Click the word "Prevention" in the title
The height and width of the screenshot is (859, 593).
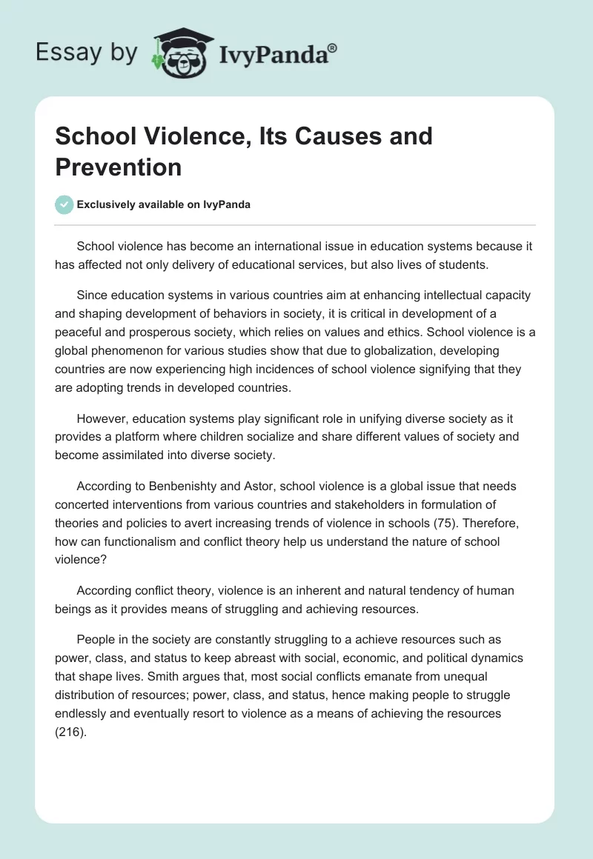coord(119,167)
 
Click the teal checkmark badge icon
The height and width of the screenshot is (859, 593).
coord(64,204)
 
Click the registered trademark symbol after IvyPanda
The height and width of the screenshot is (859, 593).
coord(333,47)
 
